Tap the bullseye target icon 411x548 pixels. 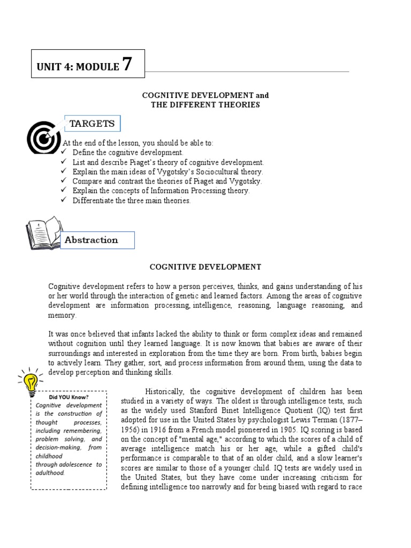pyautogui.click(x=44, y=136)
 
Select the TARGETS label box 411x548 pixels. pyautogui.click(x=92, y=124)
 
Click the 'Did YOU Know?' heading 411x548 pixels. pyautogui.click(x=68, y=397)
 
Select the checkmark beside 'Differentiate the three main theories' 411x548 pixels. pyautogui.click(x=63, y=201)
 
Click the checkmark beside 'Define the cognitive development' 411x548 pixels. pyautogui.click(x=63, y=153)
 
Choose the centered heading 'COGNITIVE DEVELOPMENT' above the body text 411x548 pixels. pyautogui.click(x=205, y=267)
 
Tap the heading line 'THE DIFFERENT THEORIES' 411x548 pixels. pyautogui.click(x=205, y=105)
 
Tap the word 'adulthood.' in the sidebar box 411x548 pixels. pyautogui.click(x=50, y=473)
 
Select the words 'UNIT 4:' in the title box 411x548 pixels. pyautogui.click(x=55, y=67)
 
